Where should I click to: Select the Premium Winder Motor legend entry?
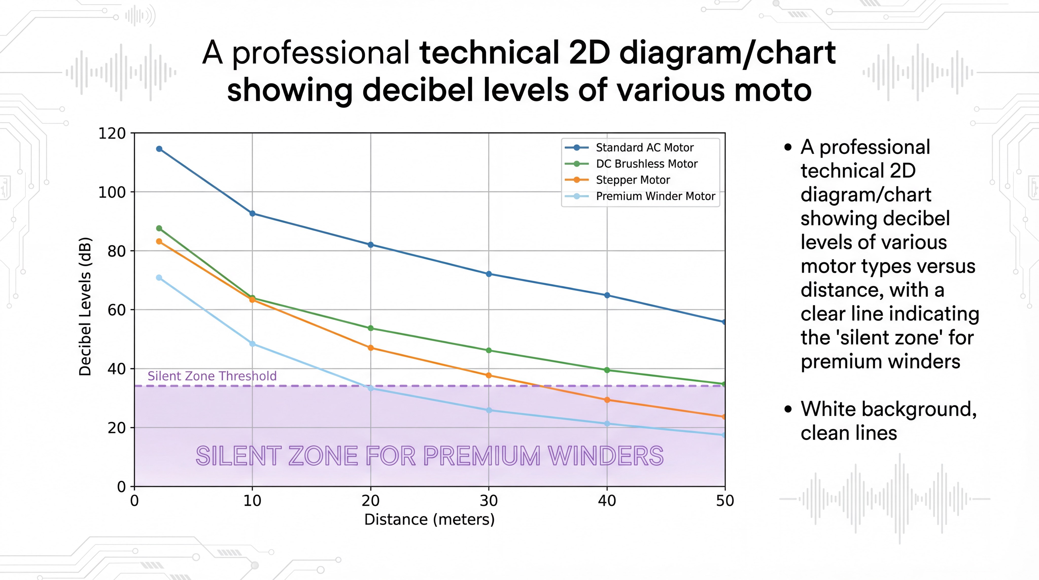[655, 196]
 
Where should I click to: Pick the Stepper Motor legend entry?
[632, 180]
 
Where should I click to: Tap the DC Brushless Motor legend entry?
[647, 164]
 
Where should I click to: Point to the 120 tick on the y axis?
[112, 133]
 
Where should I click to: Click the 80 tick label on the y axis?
[116, 251]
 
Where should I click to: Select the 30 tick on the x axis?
[489, 501]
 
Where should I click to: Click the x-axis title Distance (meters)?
[429, 520]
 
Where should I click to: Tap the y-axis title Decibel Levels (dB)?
[85, 306]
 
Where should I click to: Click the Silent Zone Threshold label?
[212, 376]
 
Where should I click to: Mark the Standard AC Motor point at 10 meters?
[252, 213]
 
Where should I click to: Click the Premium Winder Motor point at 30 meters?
[489, 410]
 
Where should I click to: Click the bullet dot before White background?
[788, 410]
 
